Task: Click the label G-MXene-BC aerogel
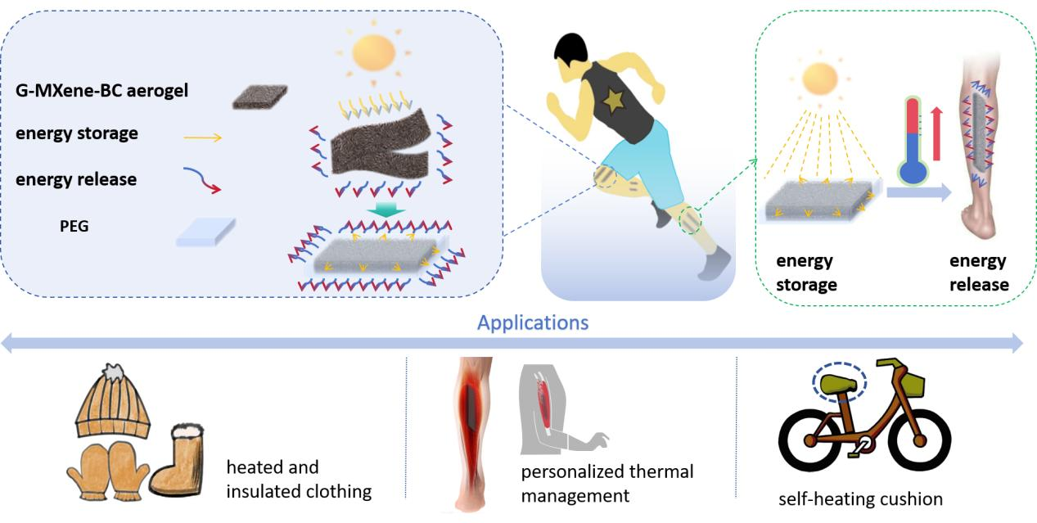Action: pos(101,91)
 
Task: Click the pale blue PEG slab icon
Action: pos(206,232)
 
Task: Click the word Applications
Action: pos(533,322)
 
